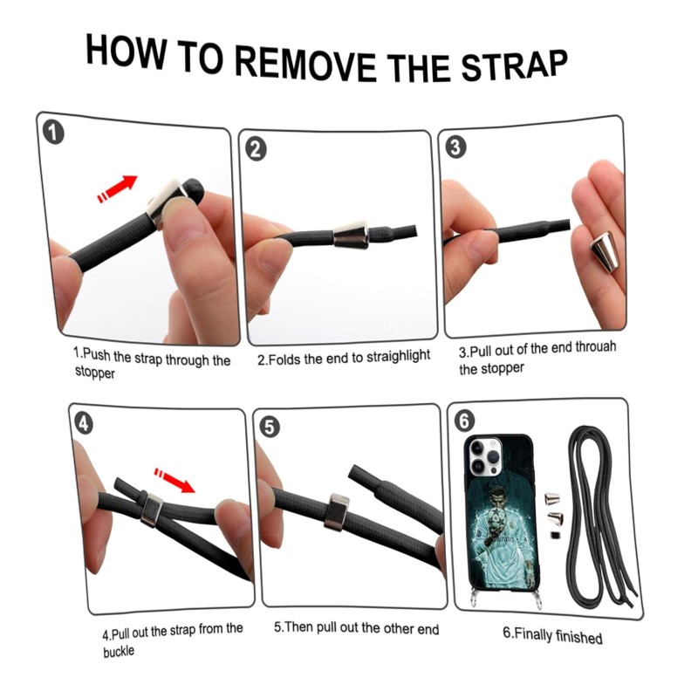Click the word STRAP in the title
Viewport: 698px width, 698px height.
(x=515, y=66)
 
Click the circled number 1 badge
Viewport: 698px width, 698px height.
(x=53, y=133)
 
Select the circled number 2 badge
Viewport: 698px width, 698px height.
(x=256, y=149)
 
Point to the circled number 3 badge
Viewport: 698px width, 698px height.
(x=455, y=147)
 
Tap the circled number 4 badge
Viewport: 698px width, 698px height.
(x=84, y=424)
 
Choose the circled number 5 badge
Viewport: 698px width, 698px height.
(x=270, y=428)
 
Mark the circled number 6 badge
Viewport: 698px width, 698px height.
(x=464, y=421)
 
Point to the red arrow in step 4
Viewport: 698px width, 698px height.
(x=174, y=480)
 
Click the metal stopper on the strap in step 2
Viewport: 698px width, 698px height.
(x=350, y=234)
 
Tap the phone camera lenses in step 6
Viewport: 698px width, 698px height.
(x=485, y=455)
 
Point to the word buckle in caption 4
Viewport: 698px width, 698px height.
(x=119, y=652)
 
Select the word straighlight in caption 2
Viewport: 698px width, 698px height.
(x=399, y=357)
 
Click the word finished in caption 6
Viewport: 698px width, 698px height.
(x=578, y=638)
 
